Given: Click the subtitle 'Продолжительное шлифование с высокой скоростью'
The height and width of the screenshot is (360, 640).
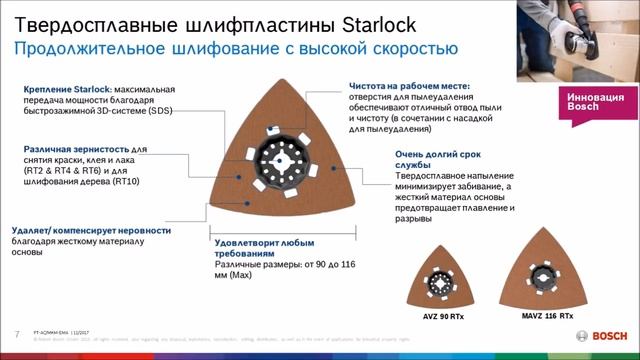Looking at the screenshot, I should (235, 47).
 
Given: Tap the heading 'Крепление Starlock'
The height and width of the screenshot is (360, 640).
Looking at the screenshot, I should (66, 89).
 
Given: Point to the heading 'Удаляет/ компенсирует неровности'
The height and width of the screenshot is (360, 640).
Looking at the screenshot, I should (91, 230).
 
